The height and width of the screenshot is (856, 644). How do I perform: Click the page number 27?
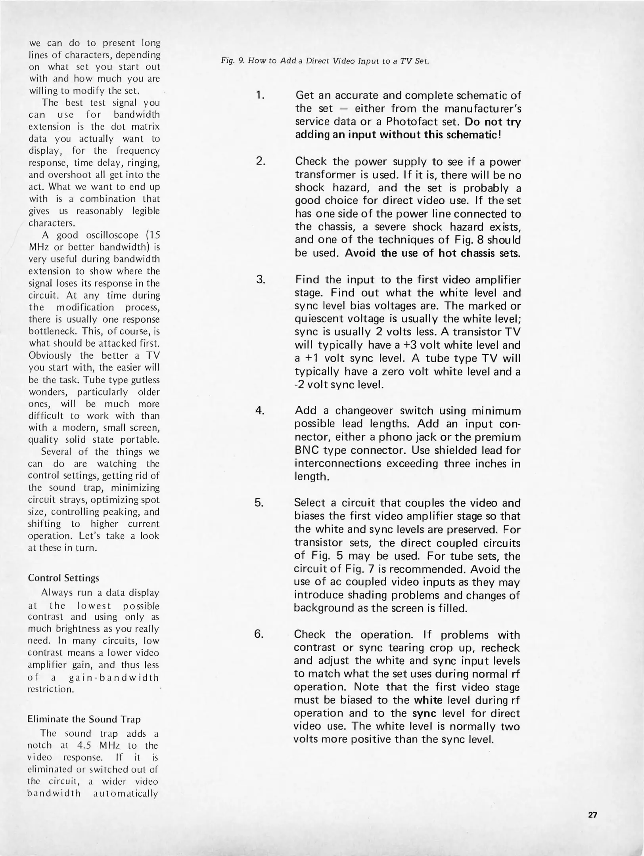pyautogui.click(x=592, y=815)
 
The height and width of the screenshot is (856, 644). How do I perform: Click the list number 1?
pyautogui.click(x=260, y=96)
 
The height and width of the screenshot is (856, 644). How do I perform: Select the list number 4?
pyautogui.click(x=260, y=411)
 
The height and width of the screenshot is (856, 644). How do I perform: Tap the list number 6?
pyautogui.click(x=259, y=634)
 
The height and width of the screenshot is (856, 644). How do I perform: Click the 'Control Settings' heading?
pyautogui.click(x=63, y=578)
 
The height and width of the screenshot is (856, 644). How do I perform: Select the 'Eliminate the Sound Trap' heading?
pyautogui.click(x=84, y=719)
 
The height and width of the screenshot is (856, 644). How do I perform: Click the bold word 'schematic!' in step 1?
pyautogui.click(x=473, y=135)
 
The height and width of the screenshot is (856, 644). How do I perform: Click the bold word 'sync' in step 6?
pyautogui.click(x=424, y=713)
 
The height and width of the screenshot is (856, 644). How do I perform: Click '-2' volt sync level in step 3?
pyautogui.click(x=300, y=384)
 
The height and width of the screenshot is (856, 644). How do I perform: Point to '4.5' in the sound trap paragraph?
pyautogui.click(x=84, y=745)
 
